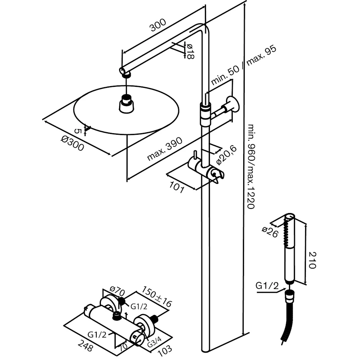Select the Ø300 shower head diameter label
click(72, 143)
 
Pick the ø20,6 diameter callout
click(227, 155)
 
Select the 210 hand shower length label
click(312, 260)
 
